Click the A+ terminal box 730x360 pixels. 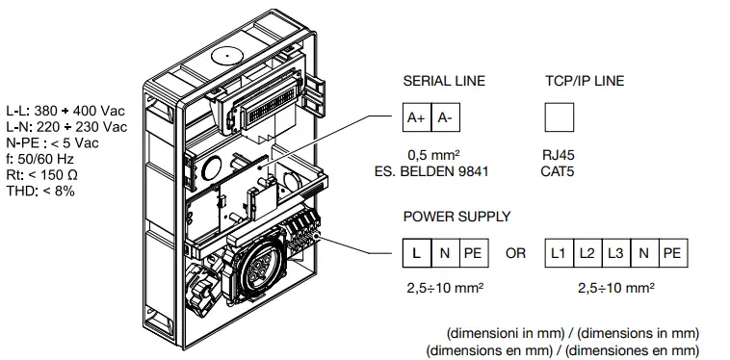tap(416, 117)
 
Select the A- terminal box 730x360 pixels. tap(444, 117)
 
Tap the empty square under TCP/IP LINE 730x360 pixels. tap(559, 117)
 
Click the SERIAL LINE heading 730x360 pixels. tap(444, 81)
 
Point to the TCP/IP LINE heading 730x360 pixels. tap(584, 81)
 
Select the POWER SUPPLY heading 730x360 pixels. tap(456, 217)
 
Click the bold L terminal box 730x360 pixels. tap(416, 253)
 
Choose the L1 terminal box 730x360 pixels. tap(559, 253)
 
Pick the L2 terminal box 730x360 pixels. tap(587, 253)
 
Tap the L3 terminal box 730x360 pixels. tap(615, 253)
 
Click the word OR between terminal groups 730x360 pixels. tap(516, 253)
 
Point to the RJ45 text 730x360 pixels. tap(560, 153)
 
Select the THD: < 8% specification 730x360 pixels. tap(40, 191)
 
